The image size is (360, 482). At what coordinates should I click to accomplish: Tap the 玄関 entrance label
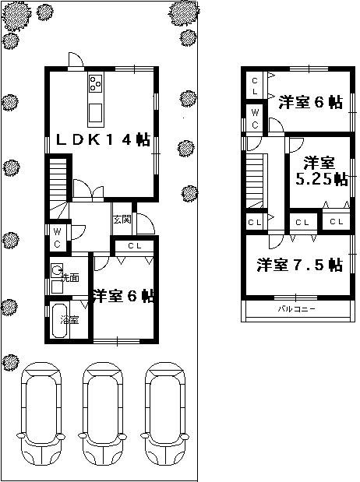point(121,219)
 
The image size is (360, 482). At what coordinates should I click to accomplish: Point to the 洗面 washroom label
point(69,277)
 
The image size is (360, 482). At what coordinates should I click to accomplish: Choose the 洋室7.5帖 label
point(300,265)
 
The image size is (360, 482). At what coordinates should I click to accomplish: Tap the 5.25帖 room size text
point(321,180)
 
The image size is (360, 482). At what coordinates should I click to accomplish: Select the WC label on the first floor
point(58,238)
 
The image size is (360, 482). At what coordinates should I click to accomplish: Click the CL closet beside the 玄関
point(134,246)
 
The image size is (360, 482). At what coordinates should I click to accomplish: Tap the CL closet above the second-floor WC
point(255,86)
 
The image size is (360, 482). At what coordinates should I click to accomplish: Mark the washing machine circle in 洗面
point(57,272)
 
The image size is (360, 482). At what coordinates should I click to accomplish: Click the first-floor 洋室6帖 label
point(123,296)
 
